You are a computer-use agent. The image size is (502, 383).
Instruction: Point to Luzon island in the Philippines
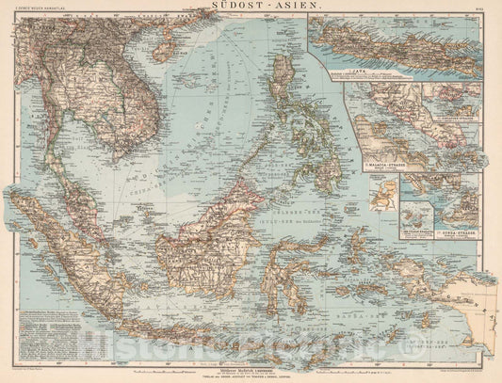pyautogui.click(x=283, y=89)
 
